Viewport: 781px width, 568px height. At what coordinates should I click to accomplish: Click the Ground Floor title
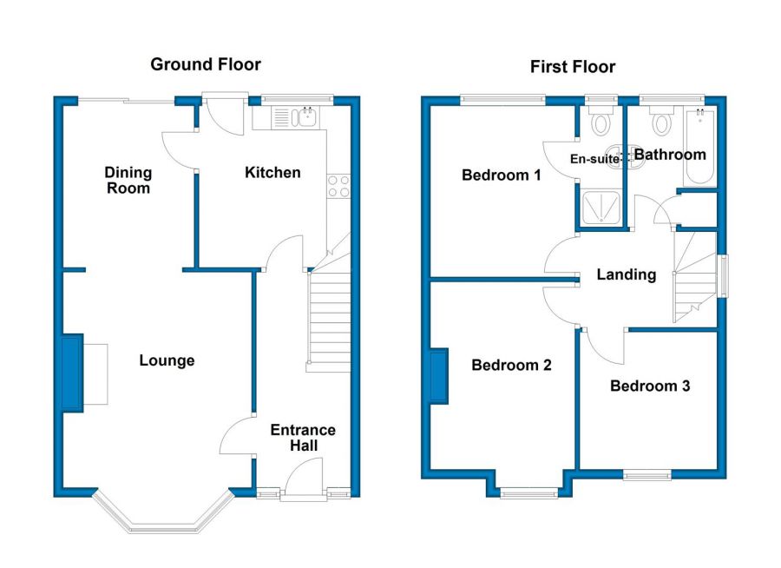[206, 64]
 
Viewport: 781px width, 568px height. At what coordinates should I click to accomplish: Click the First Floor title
[573, 66]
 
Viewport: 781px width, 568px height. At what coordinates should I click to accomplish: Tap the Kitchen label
[272, 173]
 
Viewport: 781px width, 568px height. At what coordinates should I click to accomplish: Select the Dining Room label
[128, 180]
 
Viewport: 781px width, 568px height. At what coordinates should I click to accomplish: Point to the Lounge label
[167, 360]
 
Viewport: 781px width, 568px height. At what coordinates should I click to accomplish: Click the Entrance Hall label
[303, 438]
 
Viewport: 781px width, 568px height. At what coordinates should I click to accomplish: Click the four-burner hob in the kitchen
[338, 187]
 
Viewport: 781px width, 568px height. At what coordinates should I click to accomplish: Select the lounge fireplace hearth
[95, 373]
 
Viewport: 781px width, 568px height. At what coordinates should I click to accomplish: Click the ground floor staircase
[329, 319]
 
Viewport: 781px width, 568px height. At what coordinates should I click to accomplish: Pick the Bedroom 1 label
[501, 175]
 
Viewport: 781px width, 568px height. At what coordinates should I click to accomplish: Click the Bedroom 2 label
[511, 365]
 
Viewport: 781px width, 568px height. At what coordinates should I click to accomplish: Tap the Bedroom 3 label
[650, 386]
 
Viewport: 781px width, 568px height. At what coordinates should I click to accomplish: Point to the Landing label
[626, 274]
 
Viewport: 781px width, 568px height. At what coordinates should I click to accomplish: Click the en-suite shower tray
[601, 208]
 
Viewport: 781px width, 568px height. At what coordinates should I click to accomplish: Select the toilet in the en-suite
[601, 121]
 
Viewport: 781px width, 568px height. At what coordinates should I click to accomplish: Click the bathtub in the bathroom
[701, 147]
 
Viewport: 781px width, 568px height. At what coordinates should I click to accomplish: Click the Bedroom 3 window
[646, 475]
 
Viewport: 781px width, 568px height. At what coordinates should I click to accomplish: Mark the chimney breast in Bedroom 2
[439, 376]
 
